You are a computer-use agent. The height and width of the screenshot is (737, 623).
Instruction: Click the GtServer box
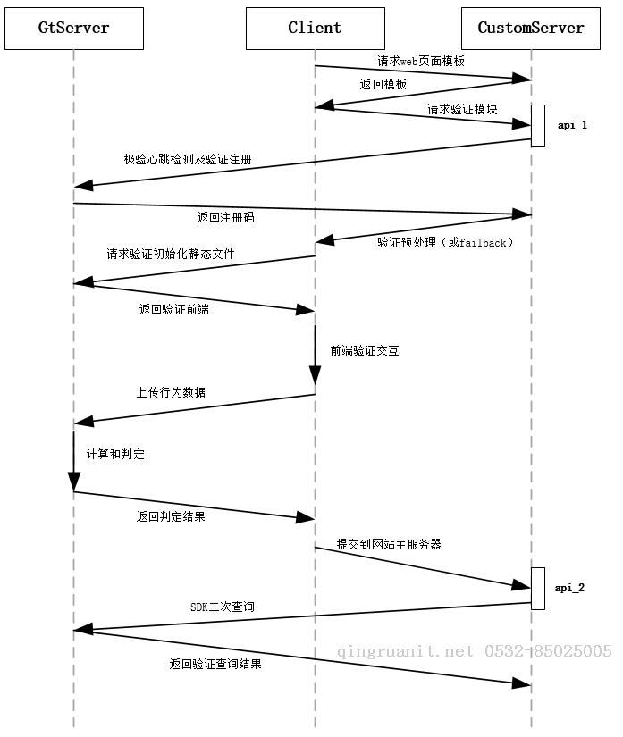tap(73, 28)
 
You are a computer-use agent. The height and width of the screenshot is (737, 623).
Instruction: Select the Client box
tap(315, 28)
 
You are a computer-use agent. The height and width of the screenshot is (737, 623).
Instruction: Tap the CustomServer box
tap(531, 28)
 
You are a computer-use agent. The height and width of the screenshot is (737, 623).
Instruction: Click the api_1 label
tap(572, 125)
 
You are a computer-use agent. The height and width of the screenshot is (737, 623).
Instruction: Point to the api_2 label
tap(569, 588)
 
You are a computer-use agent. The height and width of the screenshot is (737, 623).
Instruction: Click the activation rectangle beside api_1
tap(538, 125)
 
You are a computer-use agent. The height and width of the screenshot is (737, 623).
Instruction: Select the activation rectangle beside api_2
tap(538, 588)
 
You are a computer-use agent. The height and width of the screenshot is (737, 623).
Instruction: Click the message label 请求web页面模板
tap(421, 62)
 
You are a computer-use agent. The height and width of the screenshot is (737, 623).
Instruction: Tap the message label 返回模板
tap(383, 84)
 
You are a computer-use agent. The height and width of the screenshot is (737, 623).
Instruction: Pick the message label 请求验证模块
tap(462, 109)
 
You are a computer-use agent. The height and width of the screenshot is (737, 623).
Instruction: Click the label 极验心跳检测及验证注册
tap(188, 159)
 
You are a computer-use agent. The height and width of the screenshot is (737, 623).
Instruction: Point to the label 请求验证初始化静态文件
tap(171, 254)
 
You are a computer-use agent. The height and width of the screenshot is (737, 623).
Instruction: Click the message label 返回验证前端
tap(174, 310)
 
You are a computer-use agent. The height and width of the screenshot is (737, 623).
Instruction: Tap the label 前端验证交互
tap(365, 351)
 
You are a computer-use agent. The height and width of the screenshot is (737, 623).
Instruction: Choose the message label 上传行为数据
tap(171, 392)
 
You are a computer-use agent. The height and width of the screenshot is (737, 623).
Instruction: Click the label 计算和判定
tap(115, 454)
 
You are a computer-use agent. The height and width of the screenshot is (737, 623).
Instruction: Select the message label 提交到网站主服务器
tap(389, 543)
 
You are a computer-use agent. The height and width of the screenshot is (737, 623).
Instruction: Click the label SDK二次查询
tap(223, 607)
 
